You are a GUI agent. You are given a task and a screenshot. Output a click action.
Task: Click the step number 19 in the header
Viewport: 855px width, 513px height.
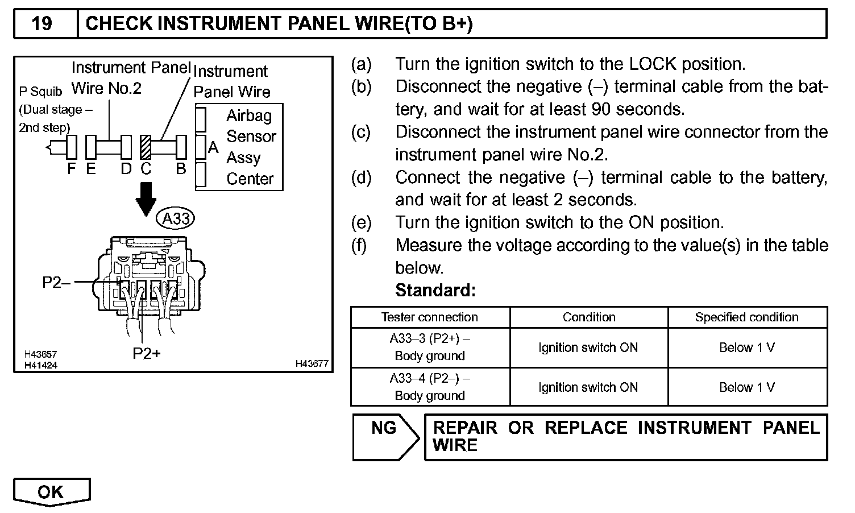tap(42, 23)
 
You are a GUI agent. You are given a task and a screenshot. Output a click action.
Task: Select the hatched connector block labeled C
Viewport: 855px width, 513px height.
tap(146, 147)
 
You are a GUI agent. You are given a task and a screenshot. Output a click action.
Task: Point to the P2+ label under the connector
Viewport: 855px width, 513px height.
tap(147, 354)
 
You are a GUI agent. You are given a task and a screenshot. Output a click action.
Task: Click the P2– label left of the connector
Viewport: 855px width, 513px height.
tap(56, 282)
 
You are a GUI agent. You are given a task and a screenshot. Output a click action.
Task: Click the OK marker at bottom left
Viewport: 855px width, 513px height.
tap(52, 492)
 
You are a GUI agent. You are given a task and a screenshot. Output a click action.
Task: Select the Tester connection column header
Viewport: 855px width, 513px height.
tap(430, 317)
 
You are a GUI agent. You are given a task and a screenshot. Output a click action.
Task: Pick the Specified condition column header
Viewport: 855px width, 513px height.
tap(747, 317)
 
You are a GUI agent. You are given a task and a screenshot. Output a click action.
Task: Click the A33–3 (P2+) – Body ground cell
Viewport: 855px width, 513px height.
tap(430, 347)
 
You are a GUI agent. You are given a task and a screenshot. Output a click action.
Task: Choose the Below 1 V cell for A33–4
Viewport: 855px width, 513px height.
tap(747, 387)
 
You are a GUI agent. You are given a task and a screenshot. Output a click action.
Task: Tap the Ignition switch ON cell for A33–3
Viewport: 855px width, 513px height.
tap(588, 347)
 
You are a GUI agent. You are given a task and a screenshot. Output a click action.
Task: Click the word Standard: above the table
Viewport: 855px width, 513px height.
tap(435, 291)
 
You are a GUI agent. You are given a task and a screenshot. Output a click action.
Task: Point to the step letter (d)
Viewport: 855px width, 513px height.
tap(361, 177)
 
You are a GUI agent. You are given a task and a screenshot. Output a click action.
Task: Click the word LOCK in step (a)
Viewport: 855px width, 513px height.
tap(653, 64)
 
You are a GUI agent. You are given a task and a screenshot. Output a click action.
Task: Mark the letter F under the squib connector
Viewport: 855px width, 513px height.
tap(72, 169)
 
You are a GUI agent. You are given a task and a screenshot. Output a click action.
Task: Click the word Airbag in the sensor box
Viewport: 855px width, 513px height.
tap(249, 116)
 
